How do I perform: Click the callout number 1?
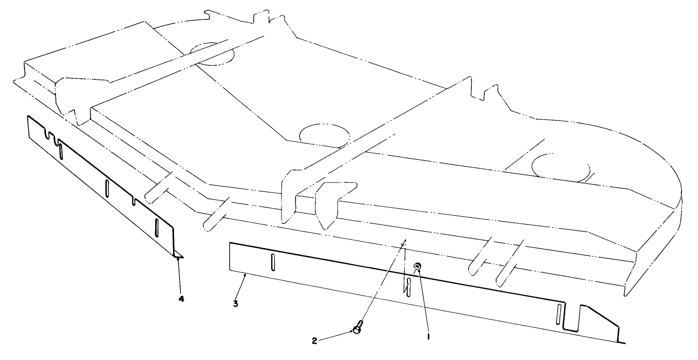(428, 337)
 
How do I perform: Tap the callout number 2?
(314, 341)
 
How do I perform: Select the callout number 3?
(235, 303)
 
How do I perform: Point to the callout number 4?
(181, 299)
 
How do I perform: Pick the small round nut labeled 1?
(417, 266)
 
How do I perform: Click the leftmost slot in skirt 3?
(273, 262)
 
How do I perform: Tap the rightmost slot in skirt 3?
(559, 314)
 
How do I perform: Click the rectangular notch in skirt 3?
(572, 317)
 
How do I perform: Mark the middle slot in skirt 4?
(107, 188)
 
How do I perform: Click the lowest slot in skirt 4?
(157, 228)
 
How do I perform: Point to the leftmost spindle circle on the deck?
(212, 54)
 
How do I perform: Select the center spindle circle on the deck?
(324, 136)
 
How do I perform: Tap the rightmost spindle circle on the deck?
(561, 168)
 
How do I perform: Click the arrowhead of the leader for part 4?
(178, 258)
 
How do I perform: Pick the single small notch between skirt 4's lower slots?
(134, 201)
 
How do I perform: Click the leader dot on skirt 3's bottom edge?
(245, 275)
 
